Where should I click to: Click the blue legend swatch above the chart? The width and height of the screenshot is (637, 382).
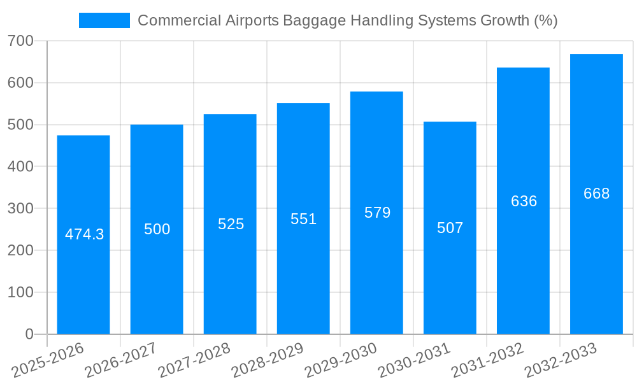pyautogui.click(x=104, y=20)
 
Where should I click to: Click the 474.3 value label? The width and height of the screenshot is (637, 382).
pyautogui.click(x=84, y=234)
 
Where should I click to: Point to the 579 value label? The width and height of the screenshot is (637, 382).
pyautogui.click(x=377, y=213)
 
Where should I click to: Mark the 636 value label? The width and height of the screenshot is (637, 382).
pyautogui.click(x=524, y=201)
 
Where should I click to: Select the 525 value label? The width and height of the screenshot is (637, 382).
pyautogui.click(x=231, y=224)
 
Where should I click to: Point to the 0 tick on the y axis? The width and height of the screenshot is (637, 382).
pyautogui.click(x=29, y=334)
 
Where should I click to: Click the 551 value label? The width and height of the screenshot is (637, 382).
pyautogui.click(x=303, y=219)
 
